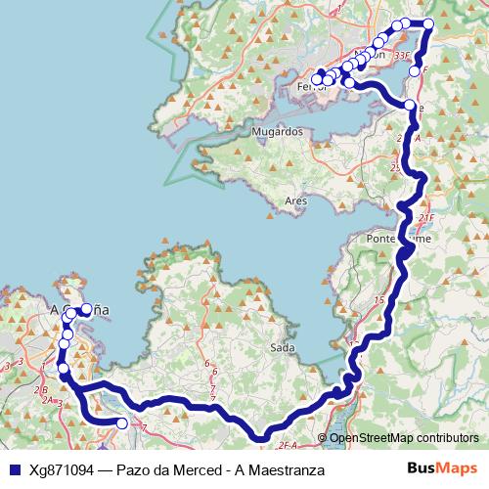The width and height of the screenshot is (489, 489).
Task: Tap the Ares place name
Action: pyautogui.click(x=294, y=200)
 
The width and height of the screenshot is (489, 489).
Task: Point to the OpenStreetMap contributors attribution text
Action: pyautogui.click(x=404, y=438)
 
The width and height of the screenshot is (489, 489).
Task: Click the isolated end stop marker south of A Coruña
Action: pyautogui.click(x=121, y=423)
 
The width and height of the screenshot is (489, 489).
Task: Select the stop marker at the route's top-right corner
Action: pyautogui.click(x=428, y=24)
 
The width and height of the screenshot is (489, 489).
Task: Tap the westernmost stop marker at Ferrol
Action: pyautogui.click(x=316, y=78)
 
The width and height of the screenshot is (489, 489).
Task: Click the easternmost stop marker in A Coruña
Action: pyautogui.click(x=87, y=309)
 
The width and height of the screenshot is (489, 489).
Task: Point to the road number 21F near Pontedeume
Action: pyautogui.click(x=423, y=217)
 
